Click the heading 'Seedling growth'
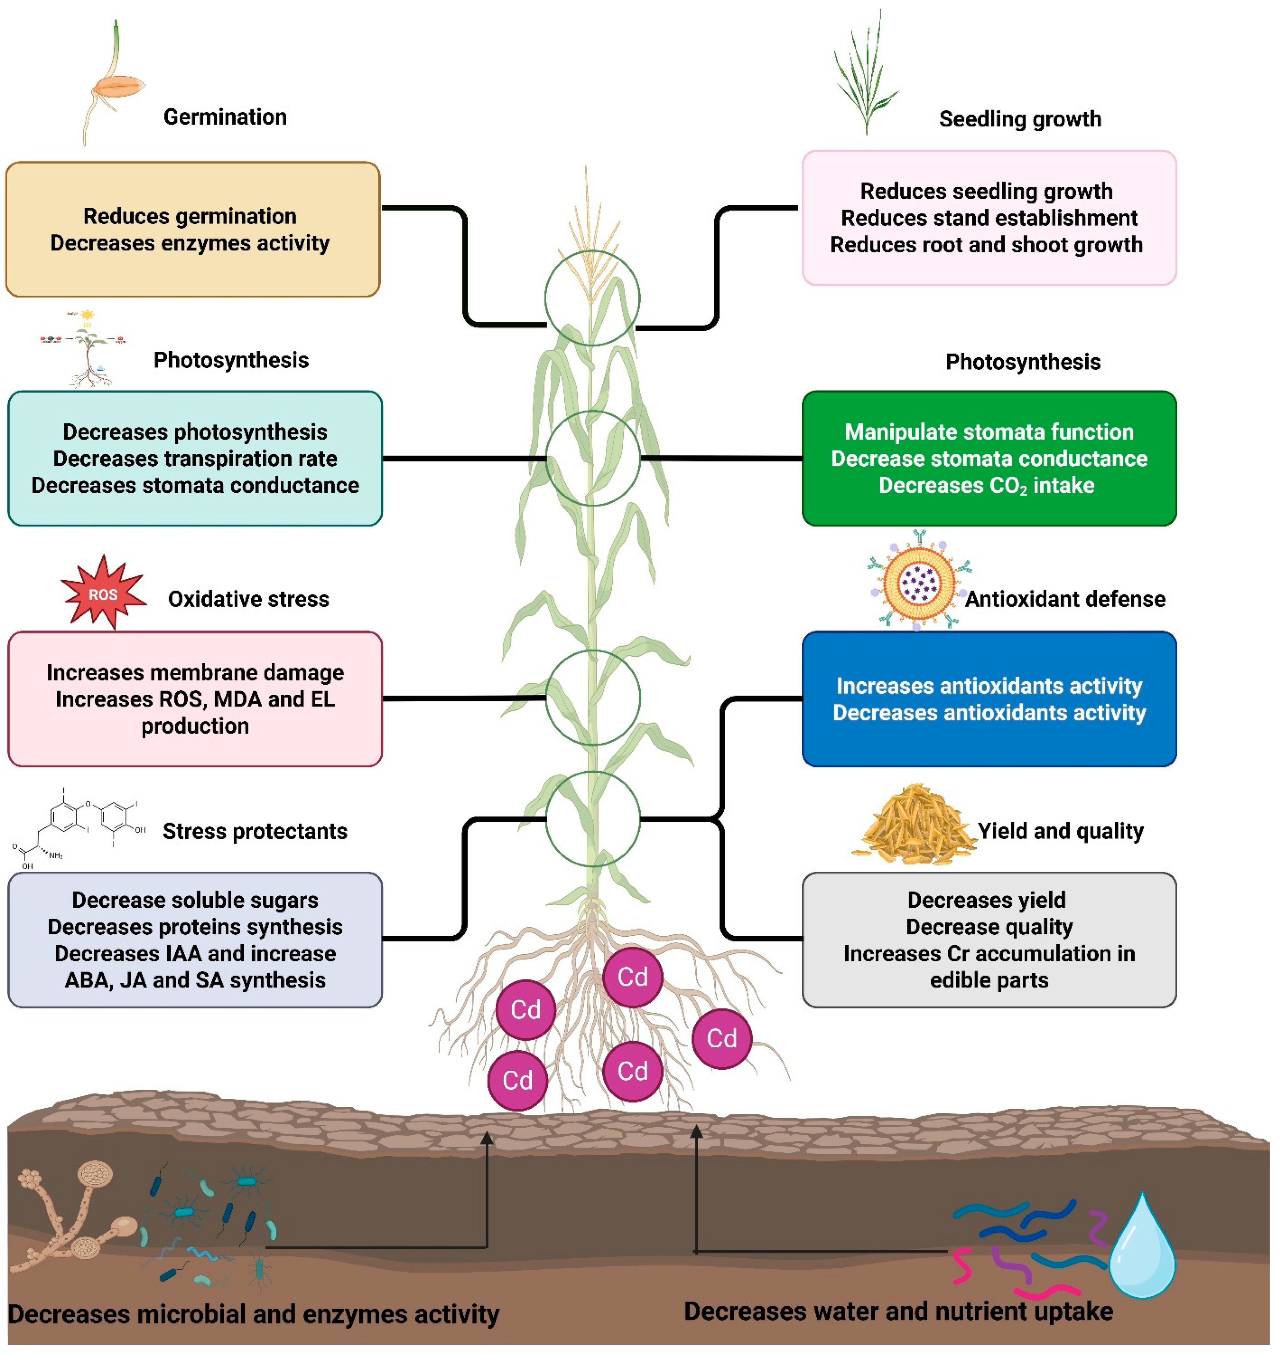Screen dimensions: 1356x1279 1020,119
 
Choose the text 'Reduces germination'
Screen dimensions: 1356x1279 190,216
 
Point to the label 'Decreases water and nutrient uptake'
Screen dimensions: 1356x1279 898,1310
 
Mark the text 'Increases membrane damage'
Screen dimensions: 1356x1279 195,673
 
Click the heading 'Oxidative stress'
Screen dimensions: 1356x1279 248,599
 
